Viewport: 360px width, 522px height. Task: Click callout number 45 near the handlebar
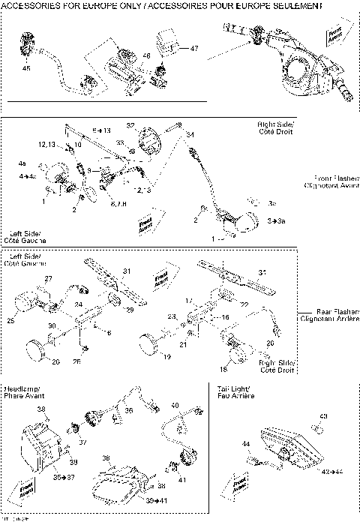26,69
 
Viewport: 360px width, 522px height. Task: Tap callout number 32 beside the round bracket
130,126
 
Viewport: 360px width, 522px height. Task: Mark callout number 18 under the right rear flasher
223,370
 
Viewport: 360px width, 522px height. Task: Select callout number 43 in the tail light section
324,416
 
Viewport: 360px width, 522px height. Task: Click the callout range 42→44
331,472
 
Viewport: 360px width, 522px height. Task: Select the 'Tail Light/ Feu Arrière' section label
234,391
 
